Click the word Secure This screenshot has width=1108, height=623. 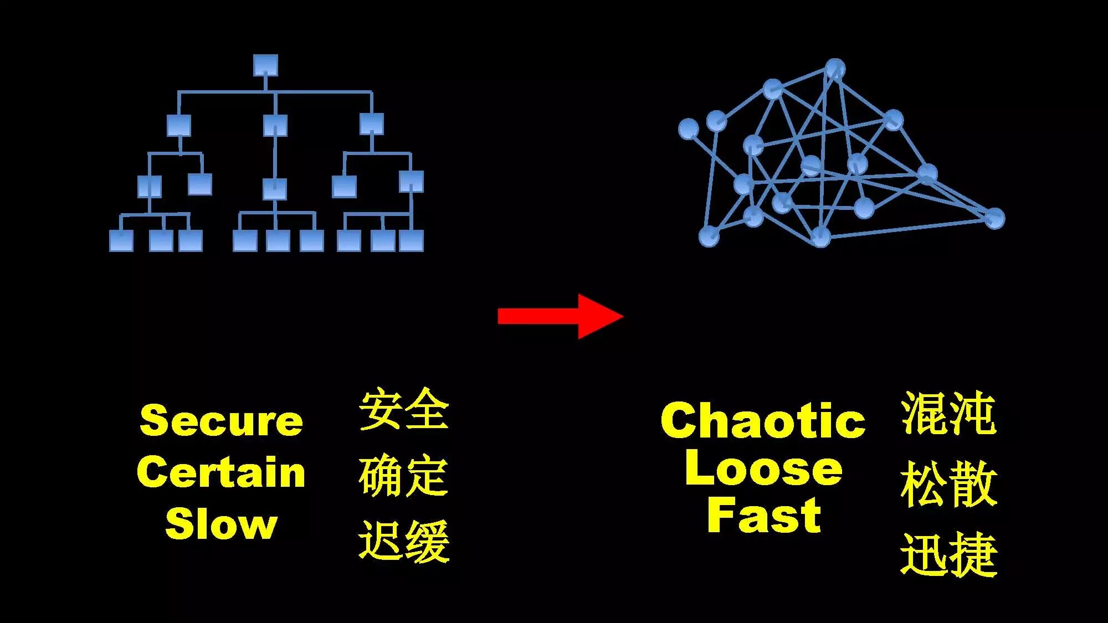(x=221, y=420)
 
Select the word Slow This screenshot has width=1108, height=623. (x=221, y=524)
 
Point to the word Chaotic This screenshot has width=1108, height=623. (x=763, y=420)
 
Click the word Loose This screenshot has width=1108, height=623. (x=763, y=468)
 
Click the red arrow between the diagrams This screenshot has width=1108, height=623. (x=560, y=316)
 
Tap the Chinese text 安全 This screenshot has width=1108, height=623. (x=403, y=410)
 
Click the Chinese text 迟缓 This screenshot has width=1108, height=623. (x=403, y=541)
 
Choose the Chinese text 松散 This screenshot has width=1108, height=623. (x=948, y=485)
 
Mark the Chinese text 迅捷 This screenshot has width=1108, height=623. (x=948, y=555)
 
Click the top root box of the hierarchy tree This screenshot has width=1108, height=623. (x=265, y=65)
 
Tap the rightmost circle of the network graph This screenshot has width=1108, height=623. (x=995, y=218)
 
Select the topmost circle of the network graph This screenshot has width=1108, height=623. (x=835, y=69)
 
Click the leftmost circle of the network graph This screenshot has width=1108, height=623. (x=689, y=129)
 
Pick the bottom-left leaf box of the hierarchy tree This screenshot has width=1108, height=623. (x=121, y=241)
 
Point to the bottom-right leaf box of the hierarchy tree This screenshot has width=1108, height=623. (x=411, y=241)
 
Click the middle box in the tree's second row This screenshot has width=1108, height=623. (x=275, y=125)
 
